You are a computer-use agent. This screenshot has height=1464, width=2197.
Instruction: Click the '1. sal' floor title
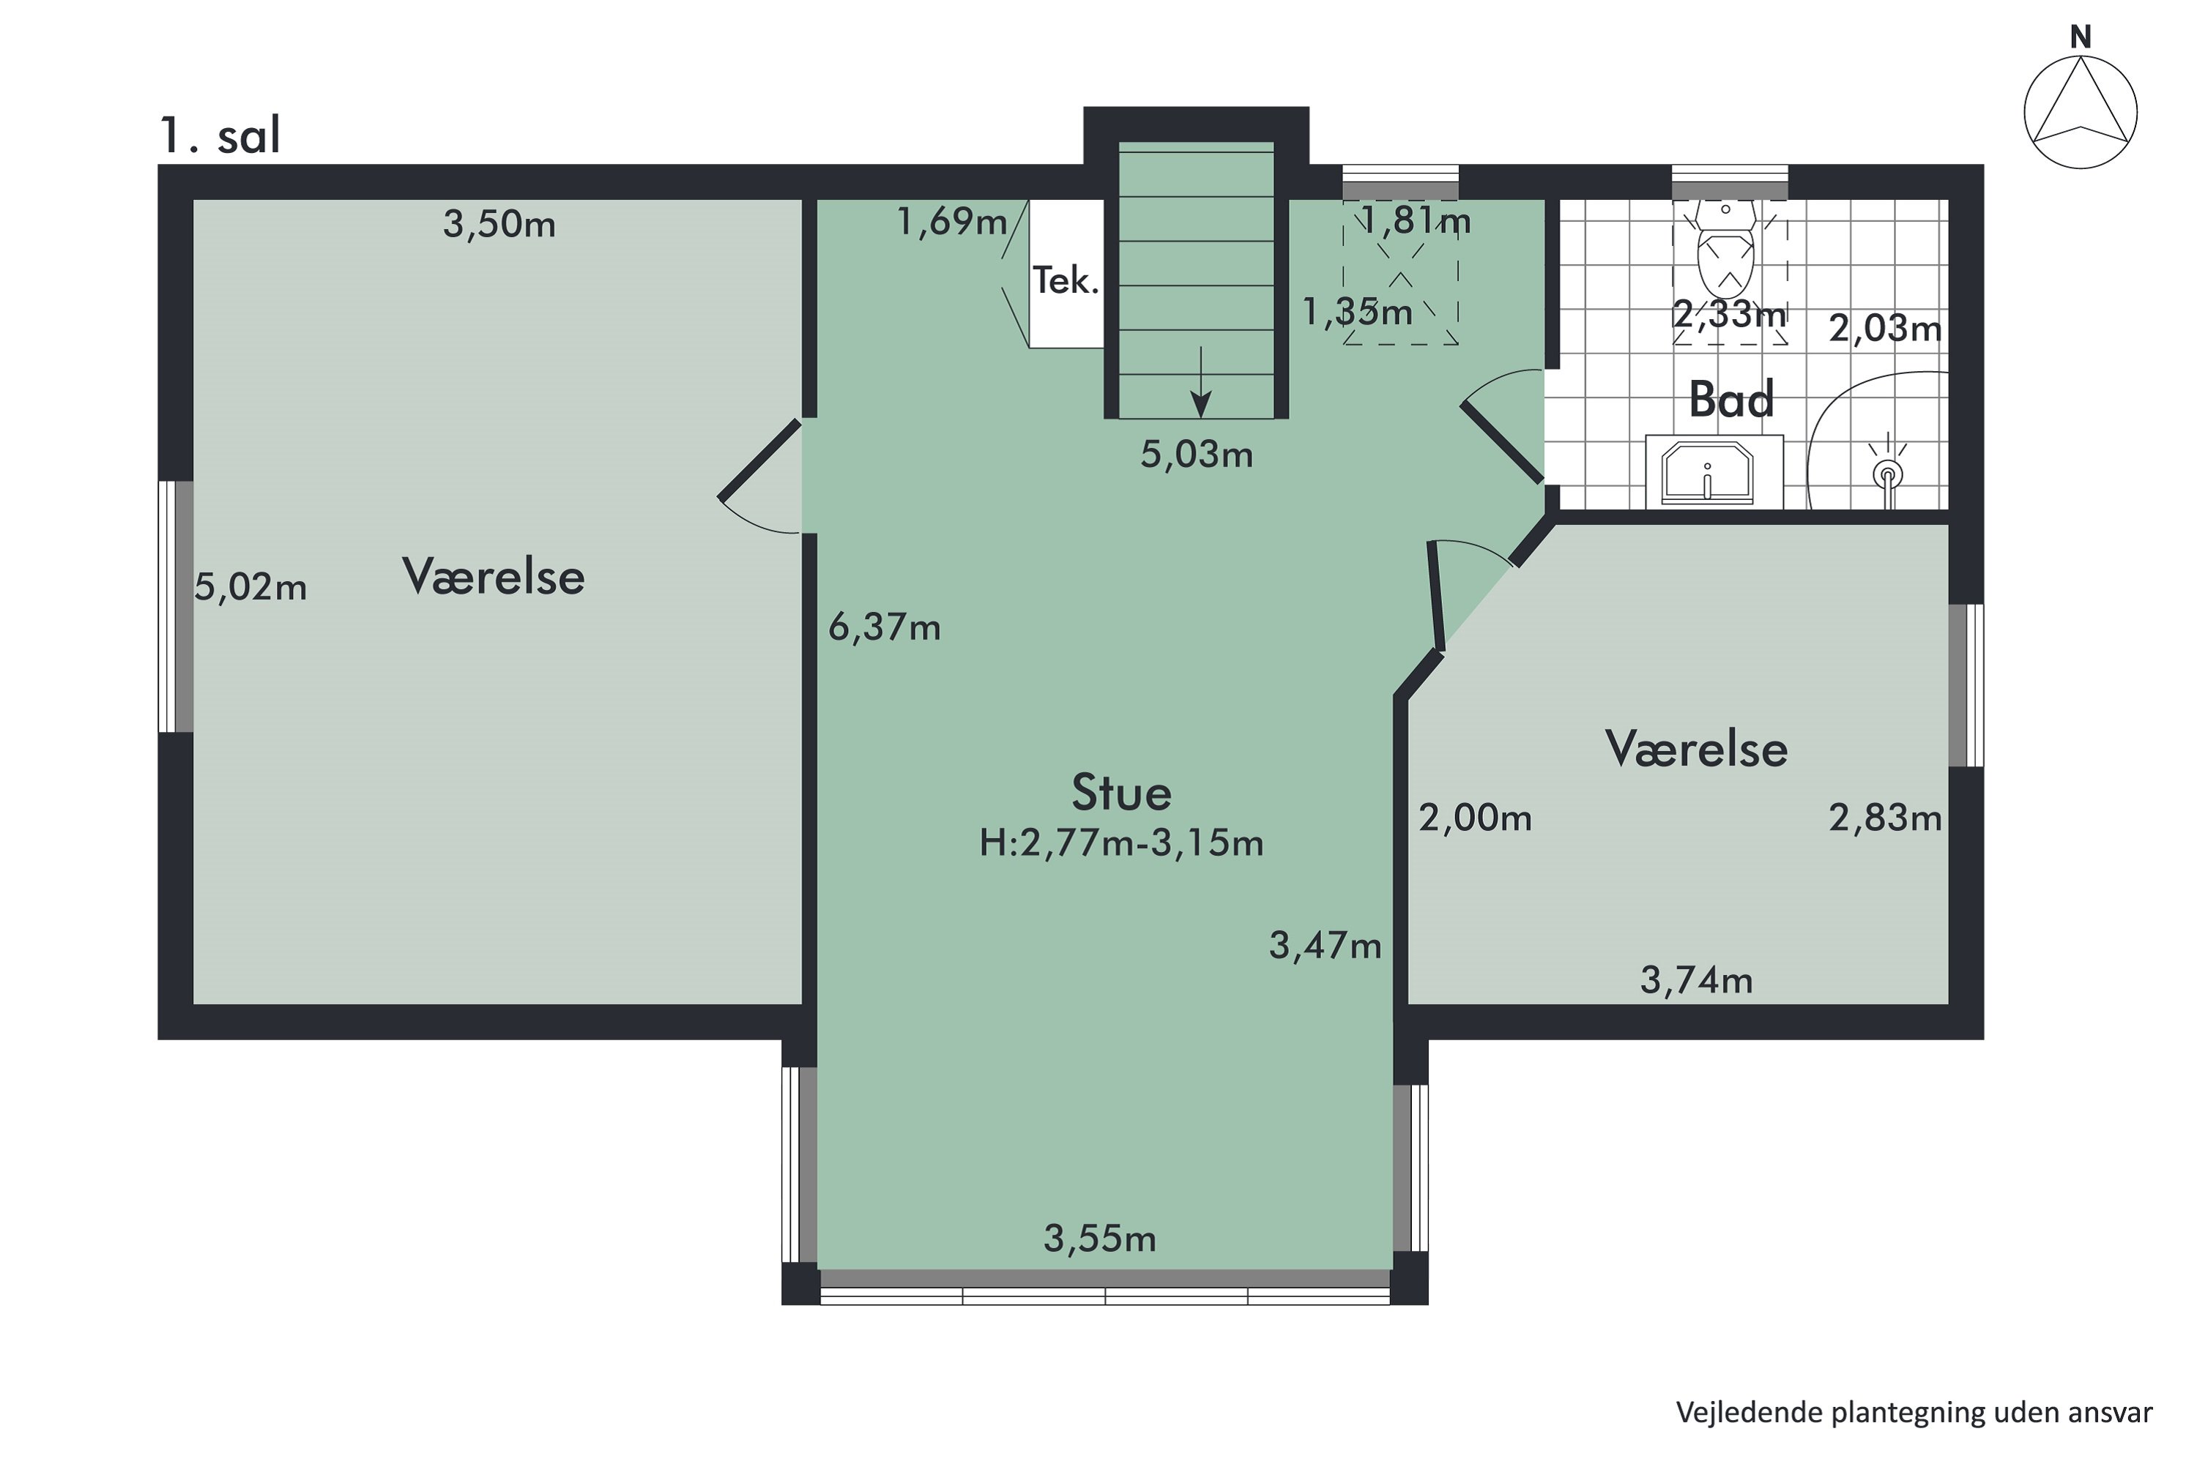[220, 136]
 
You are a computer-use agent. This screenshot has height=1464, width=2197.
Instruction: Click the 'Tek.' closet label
[1065, 281]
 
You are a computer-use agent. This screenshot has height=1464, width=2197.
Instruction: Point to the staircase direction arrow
[1200, 382]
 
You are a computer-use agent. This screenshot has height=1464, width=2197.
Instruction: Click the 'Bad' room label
[1731, 400]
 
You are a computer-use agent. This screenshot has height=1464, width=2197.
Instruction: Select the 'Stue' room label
[1121, 793]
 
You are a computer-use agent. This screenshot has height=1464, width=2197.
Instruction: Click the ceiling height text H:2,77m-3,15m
[1121, 844]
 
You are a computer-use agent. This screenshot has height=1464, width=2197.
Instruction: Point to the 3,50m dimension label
[499, 225]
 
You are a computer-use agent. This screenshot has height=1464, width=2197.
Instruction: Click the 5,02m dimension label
[250, 589]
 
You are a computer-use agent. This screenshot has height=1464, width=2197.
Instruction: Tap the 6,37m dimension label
[884, 628]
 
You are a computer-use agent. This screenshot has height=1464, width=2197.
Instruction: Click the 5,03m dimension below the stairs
[1197, 455]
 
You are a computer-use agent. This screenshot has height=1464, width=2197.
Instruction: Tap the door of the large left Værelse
[759, 460]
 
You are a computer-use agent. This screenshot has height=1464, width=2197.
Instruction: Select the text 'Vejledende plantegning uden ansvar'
[1914, 1412]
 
